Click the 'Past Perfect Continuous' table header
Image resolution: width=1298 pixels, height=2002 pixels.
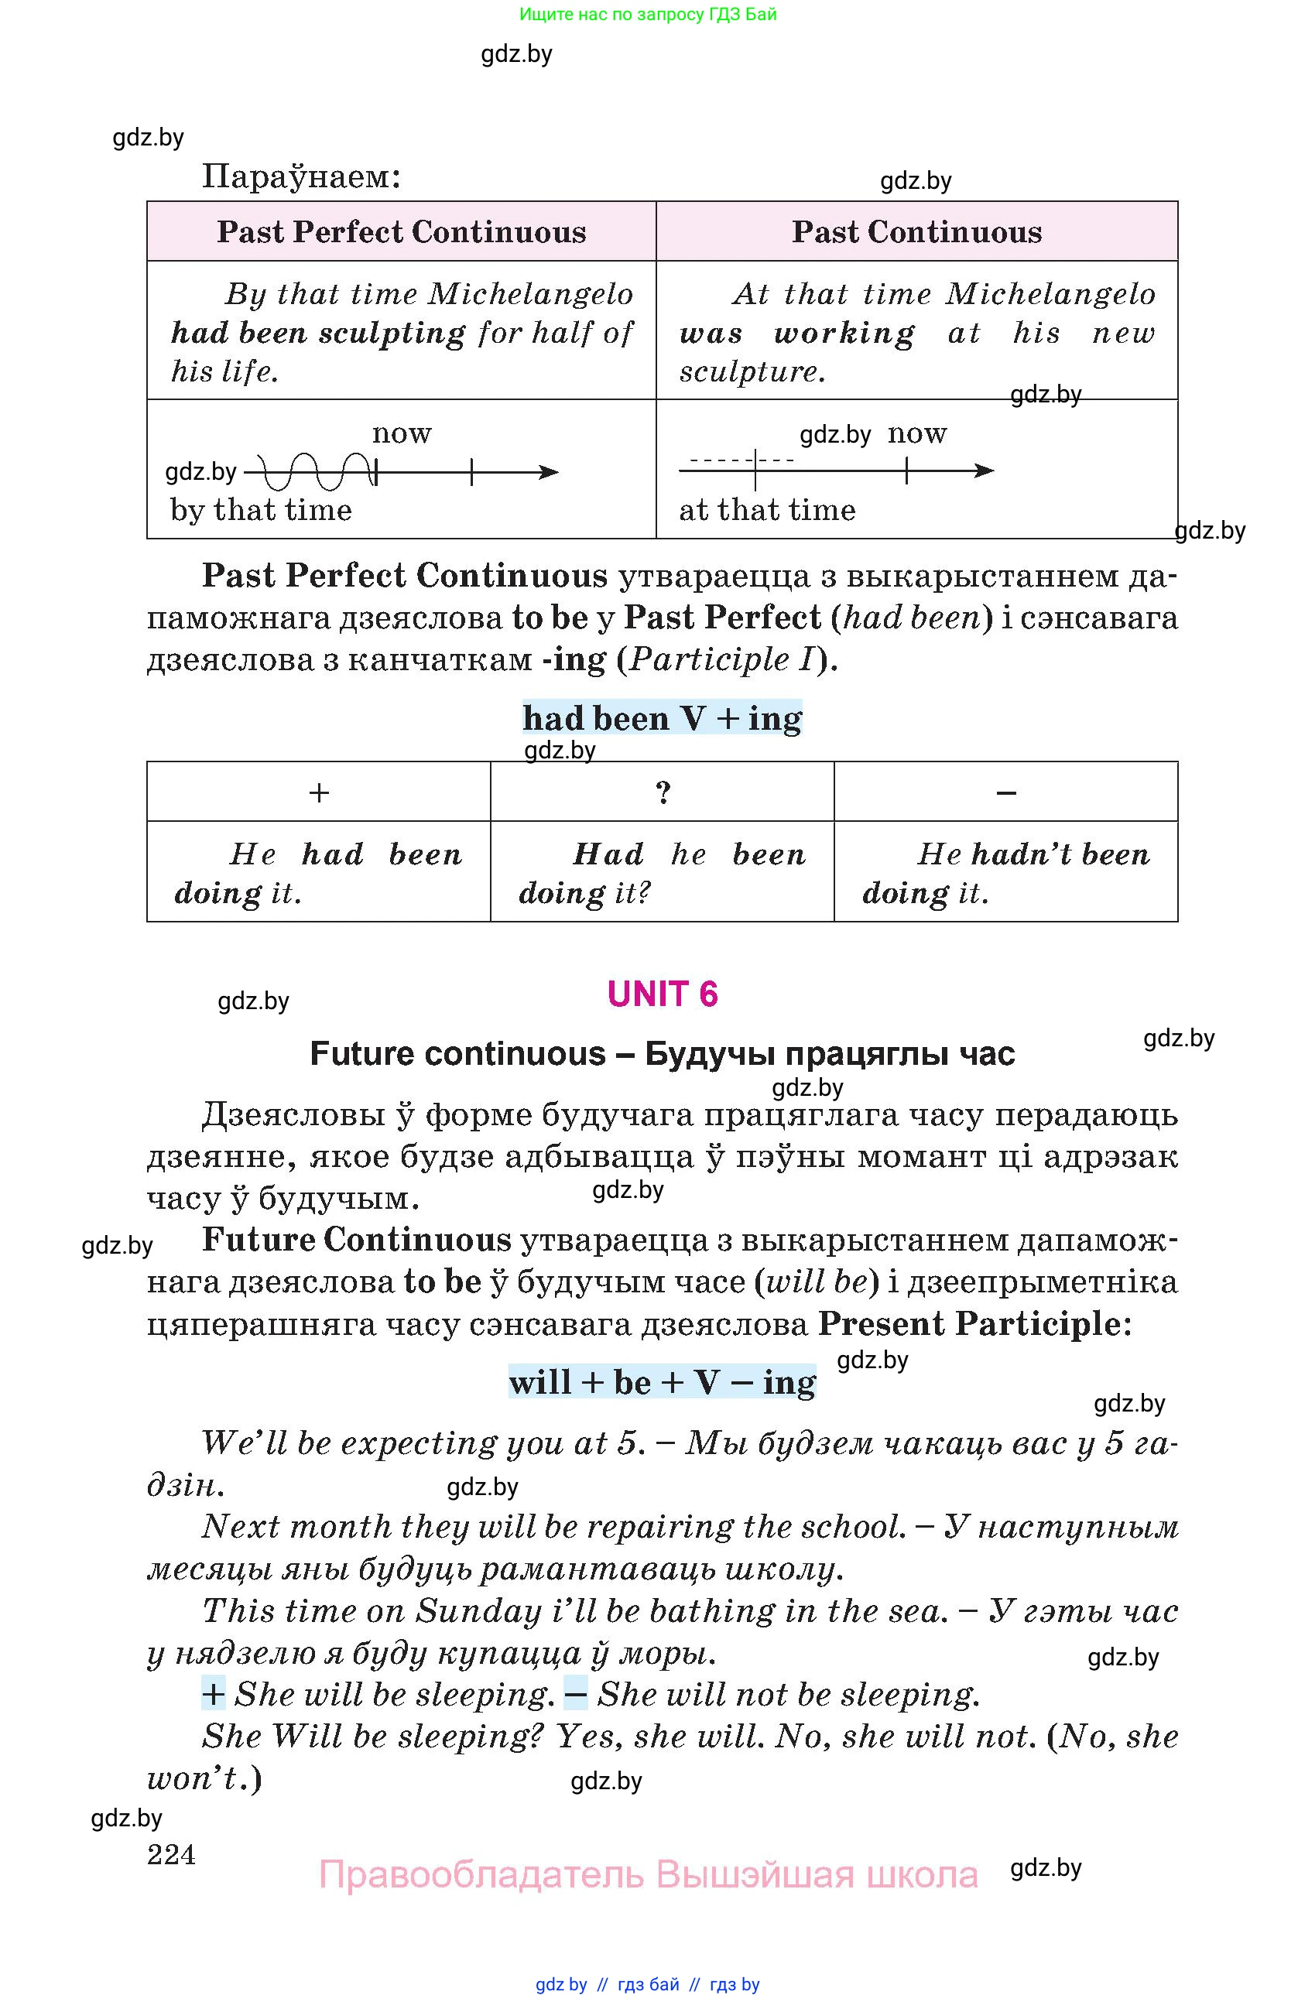(x=401, y=232)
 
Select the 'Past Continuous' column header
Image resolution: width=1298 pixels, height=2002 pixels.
(x=916, y=232)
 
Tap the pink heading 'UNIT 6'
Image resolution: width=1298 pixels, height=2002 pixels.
(x=662, y=994)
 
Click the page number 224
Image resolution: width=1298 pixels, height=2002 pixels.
(x=171, y=1854)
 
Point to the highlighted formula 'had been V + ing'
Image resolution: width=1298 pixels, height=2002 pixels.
(x=662, y=718)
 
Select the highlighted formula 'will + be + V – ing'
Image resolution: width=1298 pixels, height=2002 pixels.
(x=662, y=1382)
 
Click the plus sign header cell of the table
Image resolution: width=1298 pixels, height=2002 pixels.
(x=319, y=792)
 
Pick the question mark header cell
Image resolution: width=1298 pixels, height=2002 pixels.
(x=663, y=792)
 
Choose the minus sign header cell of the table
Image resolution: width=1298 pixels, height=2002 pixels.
(x=1006, y=792)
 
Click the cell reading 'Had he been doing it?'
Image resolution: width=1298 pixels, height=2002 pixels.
(x=662, y=872)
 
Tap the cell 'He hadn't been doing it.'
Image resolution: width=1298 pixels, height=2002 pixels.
(x=1006, y=872)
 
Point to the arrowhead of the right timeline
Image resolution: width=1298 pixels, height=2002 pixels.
(x=985, y=471)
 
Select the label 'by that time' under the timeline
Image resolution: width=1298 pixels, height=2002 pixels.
(x=261, y=510)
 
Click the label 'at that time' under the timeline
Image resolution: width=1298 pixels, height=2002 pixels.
(x=767, y=510)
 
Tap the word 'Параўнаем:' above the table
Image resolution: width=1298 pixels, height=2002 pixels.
(x=301, y=176)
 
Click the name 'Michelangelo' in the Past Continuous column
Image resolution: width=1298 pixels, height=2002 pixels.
(x=1050, y=294)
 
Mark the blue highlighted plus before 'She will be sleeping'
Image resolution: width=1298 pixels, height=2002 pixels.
(x=213, y=1694)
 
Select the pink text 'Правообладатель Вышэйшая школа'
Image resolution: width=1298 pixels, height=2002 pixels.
(x=648, y=1875)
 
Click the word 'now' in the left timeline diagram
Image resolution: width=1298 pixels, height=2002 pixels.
(x=402, y=433)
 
